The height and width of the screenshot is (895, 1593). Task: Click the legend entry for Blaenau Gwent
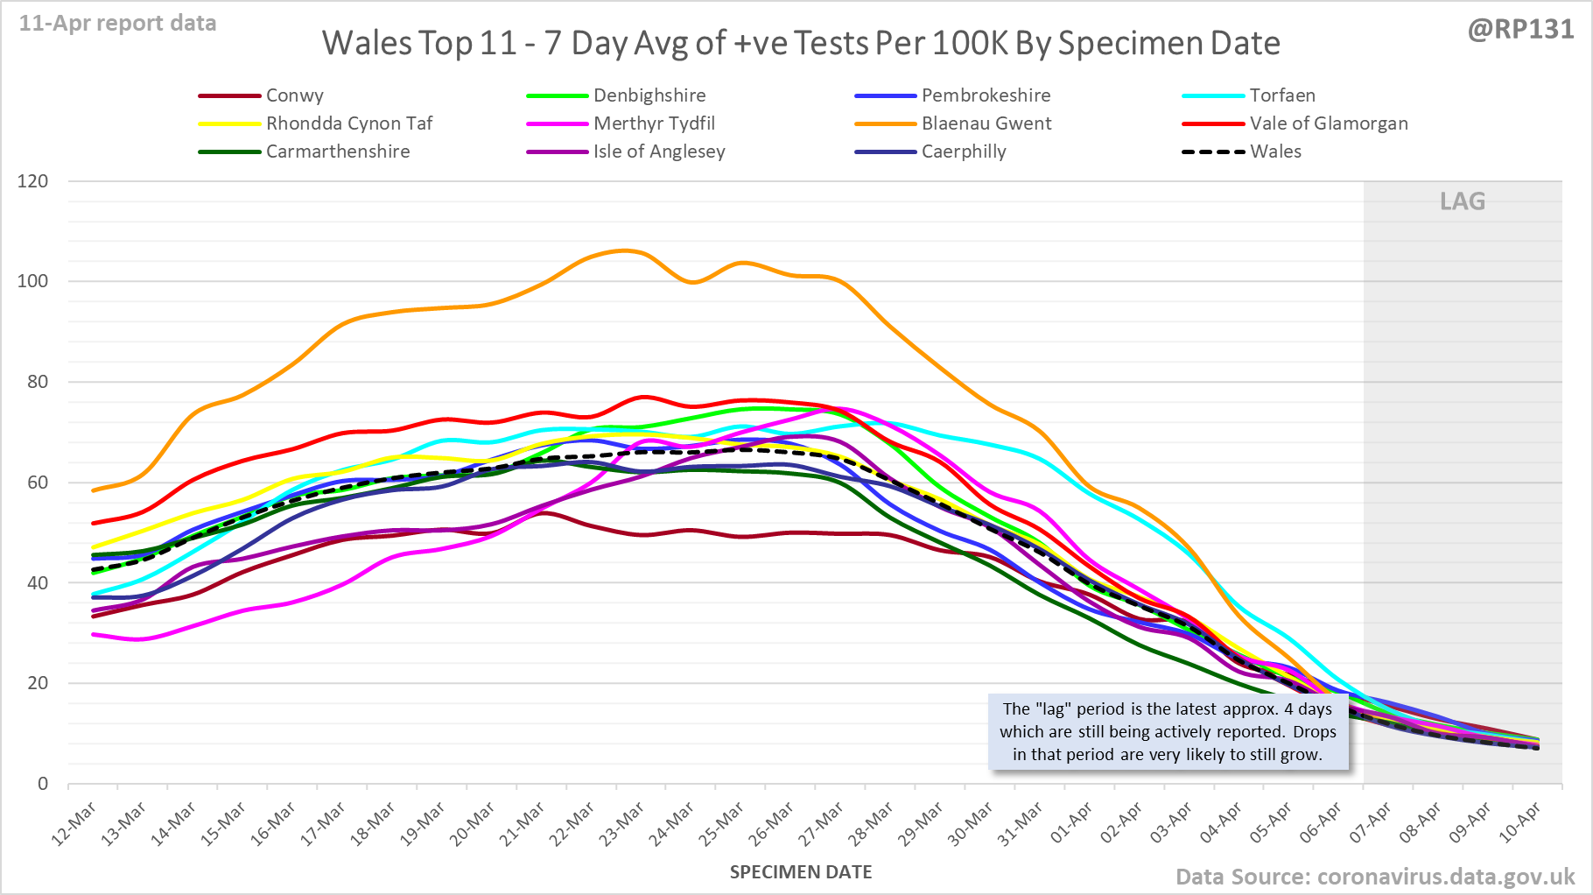pos(986,123)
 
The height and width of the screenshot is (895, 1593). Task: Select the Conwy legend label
pos(294,95)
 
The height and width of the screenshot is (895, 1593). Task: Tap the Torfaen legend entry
pos(1281,95)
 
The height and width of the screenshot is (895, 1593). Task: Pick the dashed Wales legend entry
pos(1274,152)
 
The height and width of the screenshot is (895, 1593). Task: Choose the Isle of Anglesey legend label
pos(658,152)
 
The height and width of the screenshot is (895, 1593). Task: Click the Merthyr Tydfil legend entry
pos(654,123)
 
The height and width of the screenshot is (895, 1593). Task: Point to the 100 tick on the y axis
pos(32,281)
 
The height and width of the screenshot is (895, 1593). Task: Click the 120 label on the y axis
pos(32,181)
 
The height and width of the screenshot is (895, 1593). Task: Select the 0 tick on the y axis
pos(43,784)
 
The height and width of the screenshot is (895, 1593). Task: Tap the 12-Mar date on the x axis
pos(74,824)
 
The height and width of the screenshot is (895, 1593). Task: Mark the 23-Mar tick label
pos(621,824)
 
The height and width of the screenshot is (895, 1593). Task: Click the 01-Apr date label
pos(1071,824)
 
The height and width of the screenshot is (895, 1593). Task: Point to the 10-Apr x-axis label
pos(1519,824)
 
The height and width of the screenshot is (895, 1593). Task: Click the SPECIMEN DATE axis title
pos(801,872)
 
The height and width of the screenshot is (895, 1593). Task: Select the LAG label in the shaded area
pos(1463,201)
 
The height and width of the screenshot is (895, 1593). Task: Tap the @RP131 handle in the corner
pos(1520,29)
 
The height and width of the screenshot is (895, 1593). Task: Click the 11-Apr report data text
pos(118,24)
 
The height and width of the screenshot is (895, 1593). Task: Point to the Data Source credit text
pos(1374,877)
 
